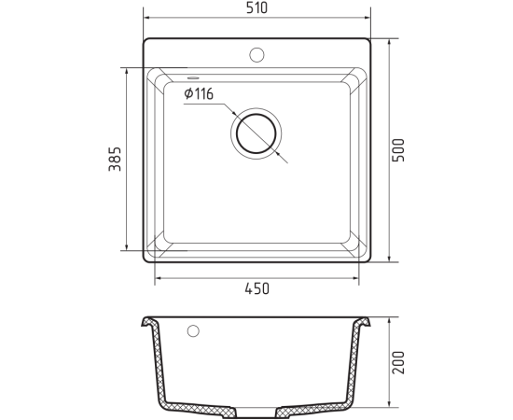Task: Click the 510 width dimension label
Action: click(x=256, y=8)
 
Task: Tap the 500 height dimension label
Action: click(x=398, y=150)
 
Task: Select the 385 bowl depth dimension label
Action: click(x=115, y=159)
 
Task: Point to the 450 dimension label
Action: click(x=257, y=288)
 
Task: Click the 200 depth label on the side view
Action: click(x=398, y=362)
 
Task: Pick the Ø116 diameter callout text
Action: click(x=199, y=94)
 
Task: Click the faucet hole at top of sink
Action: click(x=256, y=55)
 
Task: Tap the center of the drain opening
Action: click(x=256, y=133)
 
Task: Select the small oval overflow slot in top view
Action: click(x=193, y=77)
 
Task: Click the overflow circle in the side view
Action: click(x=193, y=331)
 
